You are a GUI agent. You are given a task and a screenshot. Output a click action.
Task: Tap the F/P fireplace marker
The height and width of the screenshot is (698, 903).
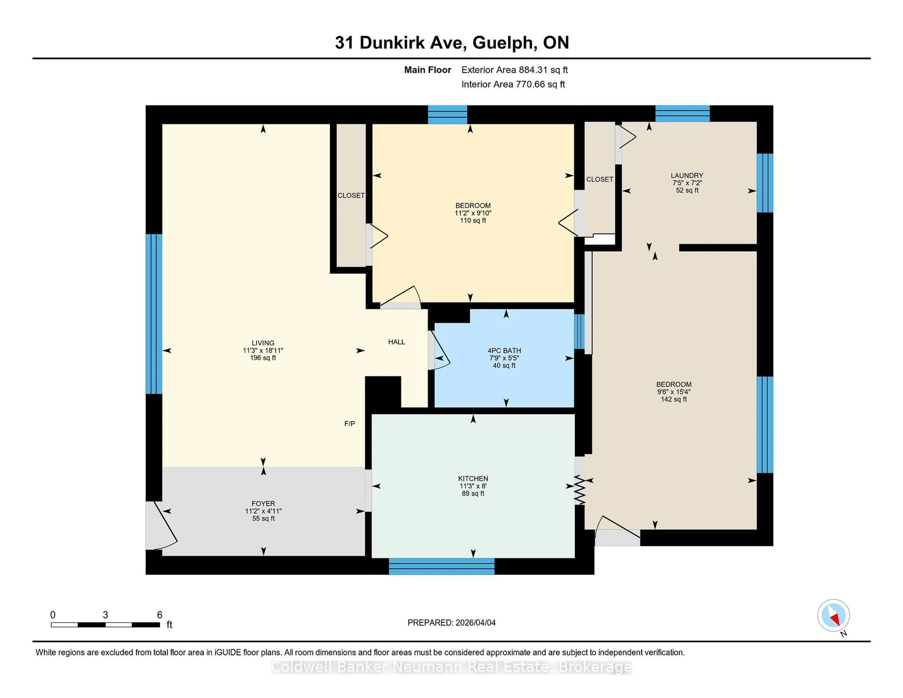[349, 423]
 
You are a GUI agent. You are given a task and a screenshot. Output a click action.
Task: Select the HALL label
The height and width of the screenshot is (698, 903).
[396, 342]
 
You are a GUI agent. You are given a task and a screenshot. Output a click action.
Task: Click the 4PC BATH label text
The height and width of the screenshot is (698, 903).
[504, 350]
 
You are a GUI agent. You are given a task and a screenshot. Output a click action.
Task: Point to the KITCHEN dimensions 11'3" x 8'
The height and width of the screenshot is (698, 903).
[473, 486]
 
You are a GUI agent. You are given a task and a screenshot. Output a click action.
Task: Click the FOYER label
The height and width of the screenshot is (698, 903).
[263, 503]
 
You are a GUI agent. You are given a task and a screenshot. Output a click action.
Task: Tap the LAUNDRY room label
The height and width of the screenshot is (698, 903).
[687, 175]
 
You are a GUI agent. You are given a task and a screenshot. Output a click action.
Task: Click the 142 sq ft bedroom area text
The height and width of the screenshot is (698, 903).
[673, 399]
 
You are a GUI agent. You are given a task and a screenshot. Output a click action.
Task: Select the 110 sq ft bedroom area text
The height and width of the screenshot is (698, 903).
[473, 220]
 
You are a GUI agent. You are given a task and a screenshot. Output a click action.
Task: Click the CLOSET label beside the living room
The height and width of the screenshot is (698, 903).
[351, 195]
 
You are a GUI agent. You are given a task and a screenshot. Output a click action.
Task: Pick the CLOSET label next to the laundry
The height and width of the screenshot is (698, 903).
[599, 179]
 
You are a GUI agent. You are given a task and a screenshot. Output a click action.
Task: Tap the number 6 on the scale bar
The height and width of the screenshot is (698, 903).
[160, 615]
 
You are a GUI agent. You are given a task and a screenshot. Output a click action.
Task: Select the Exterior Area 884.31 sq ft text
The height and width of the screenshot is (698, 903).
[514, 70]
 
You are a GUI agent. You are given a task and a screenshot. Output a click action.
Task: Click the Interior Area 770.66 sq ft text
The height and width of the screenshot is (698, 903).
[513, 84]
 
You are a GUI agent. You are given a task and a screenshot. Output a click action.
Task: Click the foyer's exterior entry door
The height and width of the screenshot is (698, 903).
[161, 526]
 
